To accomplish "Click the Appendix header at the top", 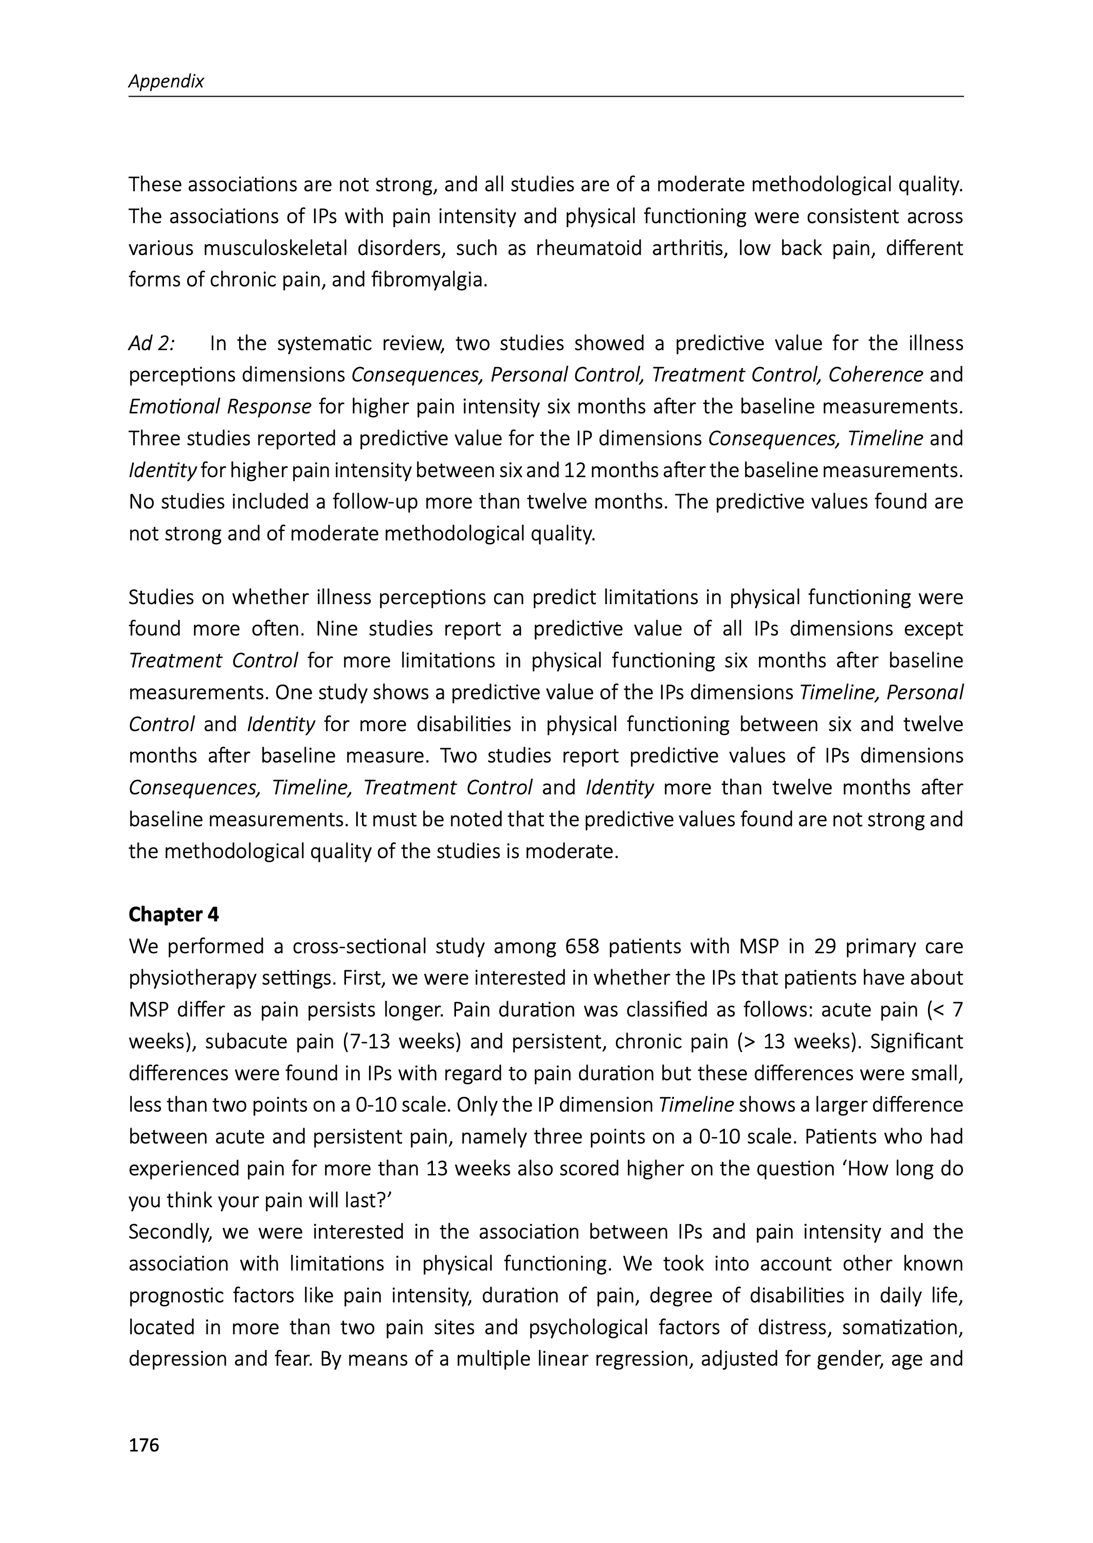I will (166, 81).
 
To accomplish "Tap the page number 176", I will (143, 1445).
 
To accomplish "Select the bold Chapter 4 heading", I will (174, 915).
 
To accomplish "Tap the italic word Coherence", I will (875, 375).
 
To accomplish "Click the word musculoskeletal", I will (275, 248).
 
